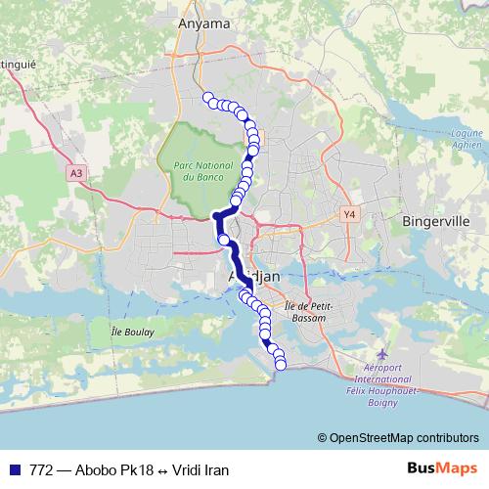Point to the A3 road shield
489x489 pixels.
pos(76,173)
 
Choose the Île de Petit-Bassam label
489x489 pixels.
pos(311,311)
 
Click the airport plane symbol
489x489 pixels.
pos(380,350)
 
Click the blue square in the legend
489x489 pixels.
pos(13,469)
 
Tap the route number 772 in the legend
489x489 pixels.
pos(41,469)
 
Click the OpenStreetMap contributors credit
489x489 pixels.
pos(401,437)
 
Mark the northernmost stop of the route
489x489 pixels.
pos(208,97)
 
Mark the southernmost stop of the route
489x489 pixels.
pos(282,365)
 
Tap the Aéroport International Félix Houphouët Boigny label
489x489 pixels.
pos(380,377)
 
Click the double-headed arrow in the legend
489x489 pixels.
pos(160,469)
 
